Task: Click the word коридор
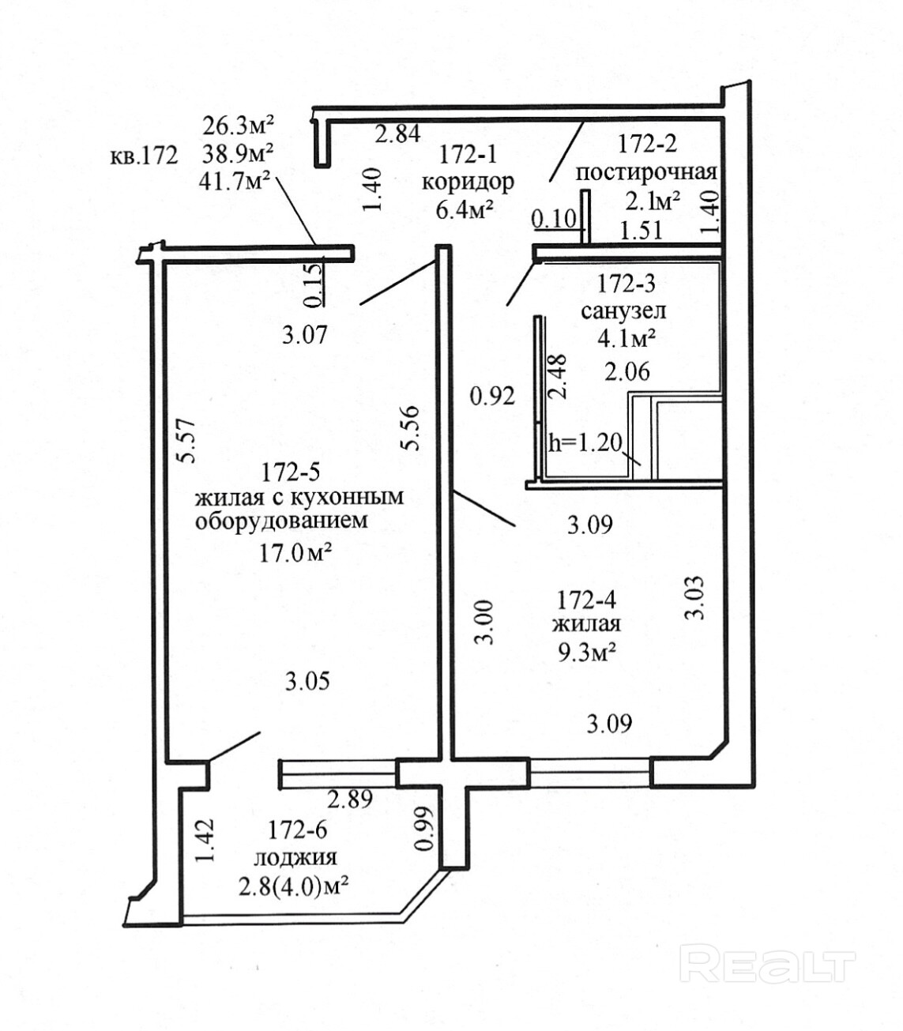468,182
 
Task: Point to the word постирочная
645,172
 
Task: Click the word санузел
623,310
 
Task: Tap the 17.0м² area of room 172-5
295,552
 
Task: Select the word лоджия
295,857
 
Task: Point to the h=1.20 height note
585,442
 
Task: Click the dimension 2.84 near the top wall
397,134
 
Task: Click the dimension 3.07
304,336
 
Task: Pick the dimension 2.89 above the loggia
349,799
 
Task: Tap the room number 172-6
297,830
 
